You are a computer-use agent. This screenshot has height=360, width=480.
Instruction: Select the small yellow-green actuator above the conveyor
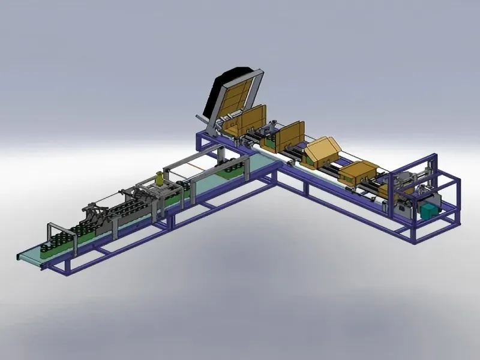click(159, 178)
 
